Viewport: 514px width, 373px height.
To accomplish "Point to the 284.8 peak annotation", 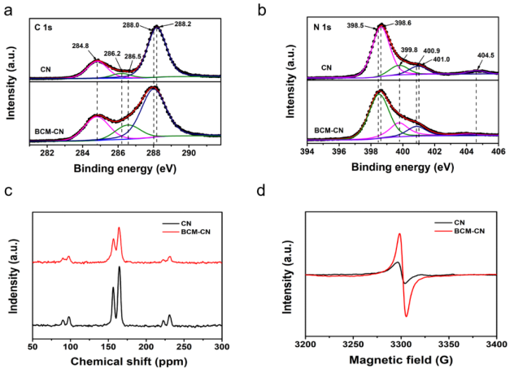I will point(81,46).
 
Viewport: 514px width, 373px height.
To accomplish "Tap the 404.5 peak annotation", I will point(486,56).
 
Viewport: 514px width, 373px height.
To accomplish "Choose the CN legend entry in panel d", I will point(460,220).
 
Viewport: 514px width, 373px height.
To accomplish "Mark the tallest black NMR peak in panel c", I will point(120,268).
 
